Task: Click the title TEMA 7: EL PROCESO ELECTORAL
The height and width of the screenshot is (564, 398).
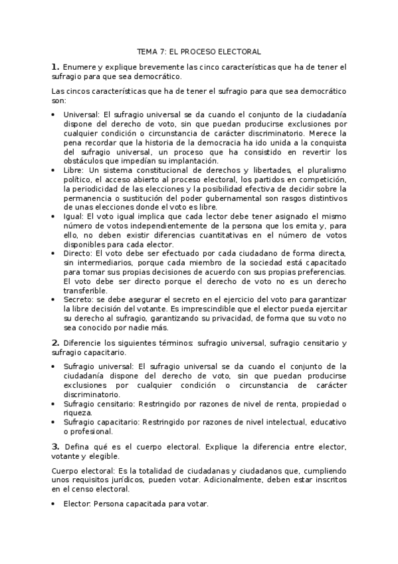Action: click(x=199, y=51)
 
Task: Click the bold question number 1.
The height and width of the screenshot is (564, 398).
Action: click(x=55, y=67)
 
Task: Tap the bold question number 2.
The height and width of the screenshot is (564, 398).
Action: click(x=55, y=343)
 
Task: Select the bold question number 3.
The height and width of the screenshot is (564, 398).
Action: click(x=55, y=445)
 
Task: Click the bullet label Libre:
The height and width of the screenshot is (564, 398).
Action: click(x=74, y=170)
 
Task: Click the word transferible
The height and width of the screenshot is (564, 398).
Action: click(x=84, y=291)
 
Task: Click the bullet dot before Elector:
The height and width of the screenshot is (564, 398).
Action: click(x=54, y=505)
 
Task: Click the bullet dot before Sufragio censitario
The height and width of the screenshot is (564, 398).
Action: click(x=54, y=404)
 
